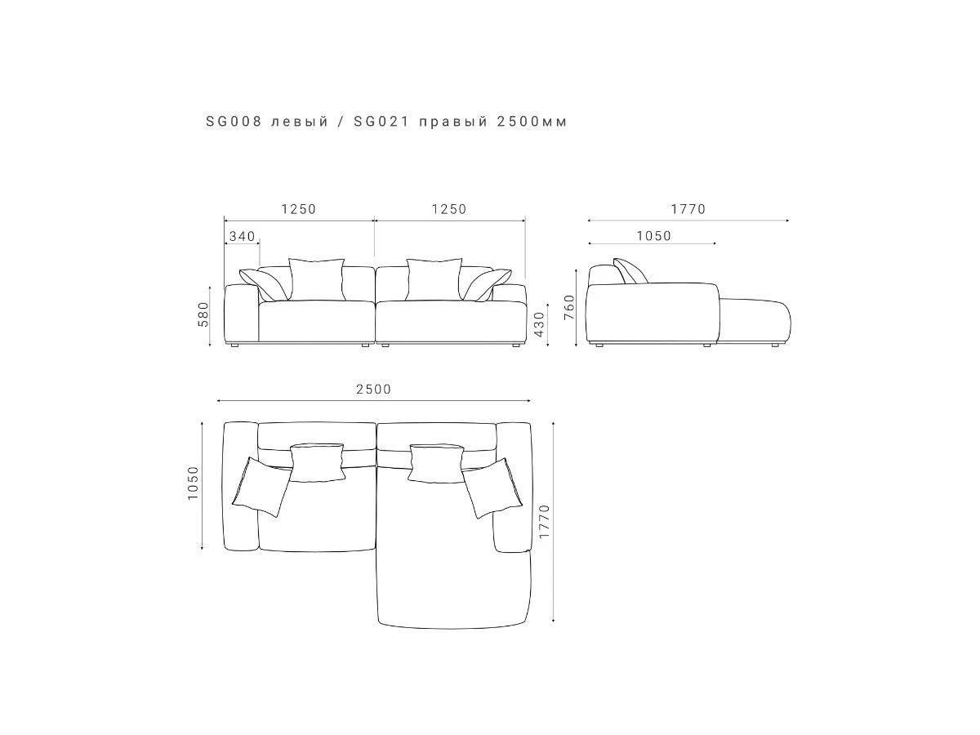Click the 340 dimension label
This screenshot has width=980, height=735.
(x=242, y=236)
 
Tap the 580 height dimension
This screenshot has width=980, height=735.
(x=203, y=314)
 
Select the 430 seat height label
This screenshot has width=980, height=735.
(x=540, y=324)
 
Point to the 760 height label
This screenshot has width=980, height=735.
(x=569, y=307)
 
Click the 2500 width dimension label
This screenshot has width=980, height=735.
(x=374, y=390)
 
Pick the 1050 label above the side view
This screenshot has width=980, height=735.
(x=653, y=236)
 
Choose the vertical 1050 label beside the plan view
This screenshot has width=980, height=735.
(x=193, y=483)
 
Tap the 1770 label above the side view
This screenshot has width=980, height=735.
(x=688, y=209)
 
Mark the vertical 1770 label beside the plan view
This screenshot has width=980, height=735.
(x=544, y=521)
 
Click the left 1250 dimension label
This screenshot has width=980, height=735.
(x=299, y=209)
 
